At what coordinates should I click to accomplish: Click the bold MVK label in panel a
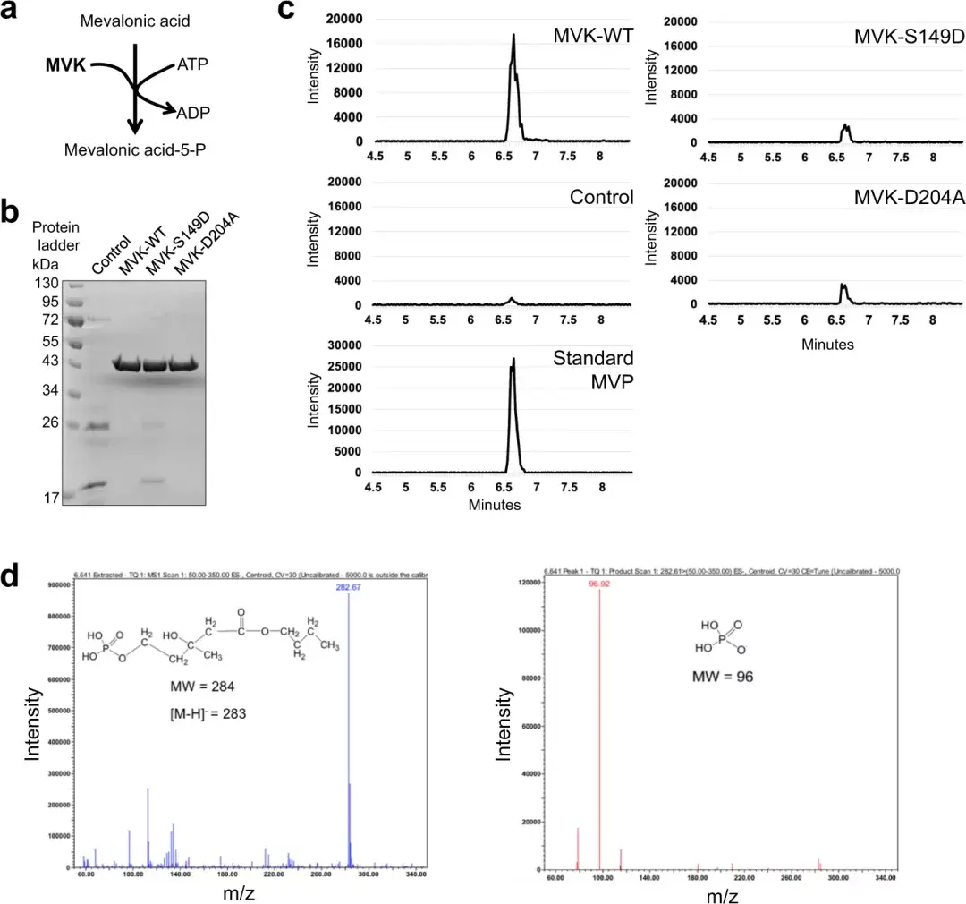65,64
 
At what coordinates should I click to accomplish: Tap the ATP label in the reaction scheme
192,65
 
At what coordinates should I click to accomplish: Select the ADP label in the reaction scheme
193,114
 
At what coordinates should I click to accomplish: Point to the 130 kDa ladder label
47,284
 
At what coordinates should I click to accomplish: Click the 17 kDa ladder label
50,498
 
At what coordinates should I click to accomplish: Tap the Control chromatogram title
601,197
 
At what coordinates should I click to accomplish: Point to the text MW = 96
723,677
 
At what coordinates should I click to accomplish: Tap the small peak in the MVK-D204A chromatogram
843,288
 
